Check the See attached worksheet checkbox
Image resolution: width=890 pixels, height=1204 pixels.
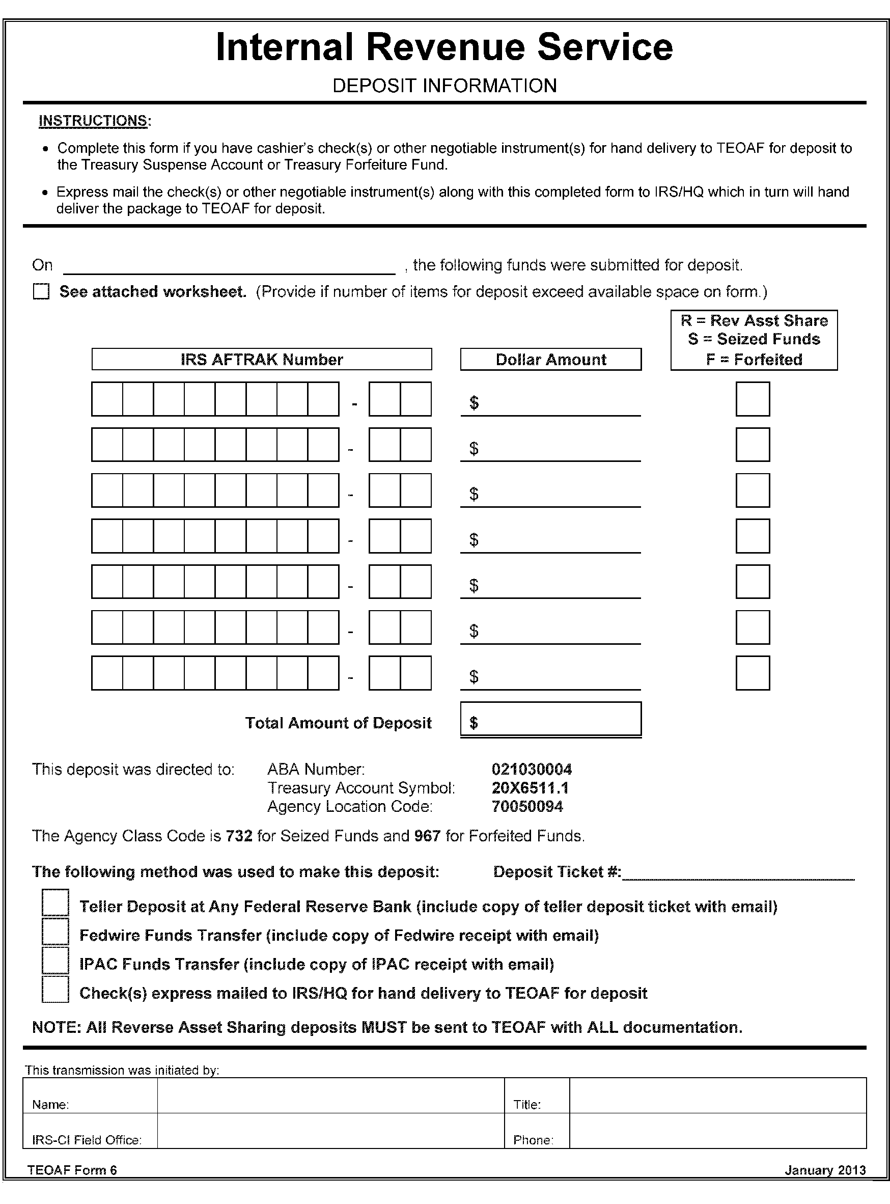coord(41,291)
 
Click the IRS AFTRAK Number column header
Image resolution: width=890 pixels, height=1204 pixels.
coord(261,360)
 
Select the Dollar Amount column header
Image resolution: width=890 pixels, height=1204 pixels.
coord(550,360)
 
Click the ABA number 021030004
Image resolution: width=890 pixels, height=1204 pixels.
coord(531,769)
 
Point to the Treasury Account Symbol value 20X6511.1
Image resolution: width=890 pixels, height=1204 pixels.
coord(530,788)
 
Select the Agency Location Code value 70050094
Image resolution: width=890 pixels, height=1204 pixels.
coord(527,806)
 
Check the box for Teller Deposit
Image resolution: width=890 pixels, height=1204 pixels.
coord(55,902)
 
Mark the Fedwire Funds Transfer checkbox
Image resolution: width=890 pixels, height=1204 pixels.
coord(55,932)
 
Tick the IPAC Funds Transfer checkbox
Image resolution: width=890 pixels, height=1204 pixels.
coord(55,961)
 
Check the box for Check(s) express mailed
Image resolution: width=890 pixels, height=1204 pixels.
coord(55,990)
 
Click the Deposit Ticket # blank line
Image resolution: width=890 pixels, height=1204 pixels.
coord(738,873)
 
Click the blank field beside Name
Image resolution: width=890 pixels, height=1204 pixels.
coord(330,1096)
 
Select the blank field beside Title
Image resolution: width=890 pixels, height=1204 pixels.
coord(717,1096)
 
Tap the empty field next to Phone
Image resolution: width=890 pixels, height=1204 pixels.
coord(717,1131)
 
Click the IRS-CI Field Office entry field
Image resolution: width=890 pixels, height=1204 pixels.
coord(330,1131)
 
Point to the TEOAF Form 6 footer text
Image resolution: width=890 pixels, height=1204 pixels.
coord(72,1170)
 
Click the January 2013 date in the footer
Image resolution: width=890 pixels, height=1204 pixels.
coord(825,1170)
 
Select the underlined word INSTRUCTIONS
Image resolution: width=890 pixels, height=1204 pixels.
coord(93,121)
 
